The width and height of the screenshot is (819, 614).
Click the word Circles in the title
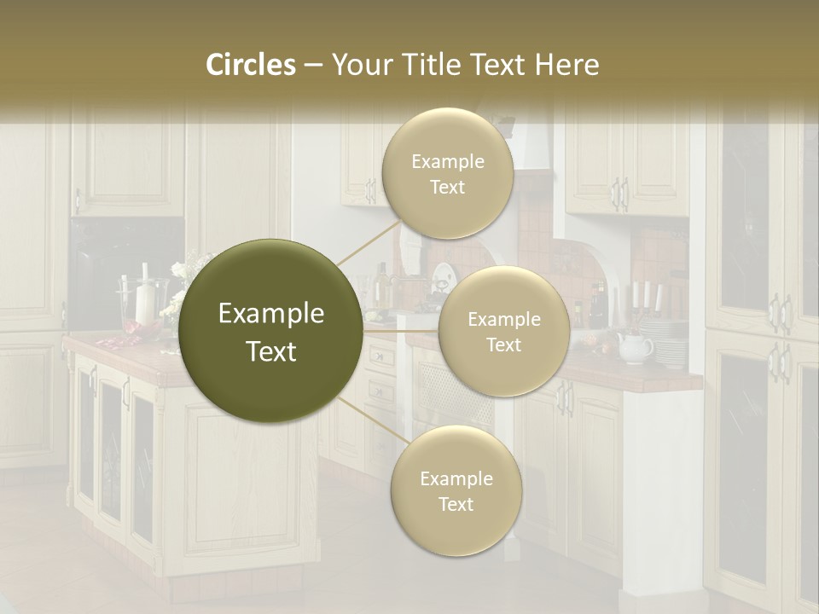251,65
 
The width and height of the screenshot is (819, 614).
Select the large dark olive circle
271,331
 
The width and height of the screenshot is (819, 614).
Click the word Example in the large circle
271,314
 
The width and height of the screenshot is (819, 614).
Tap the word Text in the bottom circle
456,504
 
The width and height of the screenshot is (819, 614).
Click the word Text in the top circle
447,187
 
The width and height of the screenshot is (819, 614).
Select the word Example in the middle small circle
503,320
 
